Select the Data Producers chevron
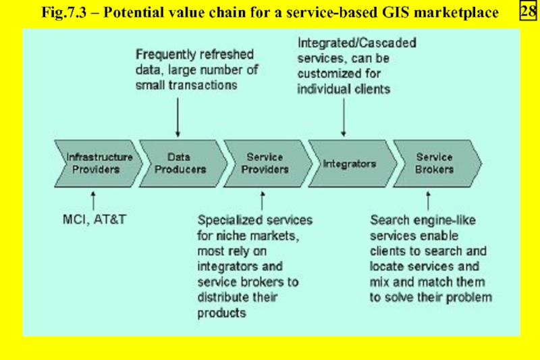pos(183,163)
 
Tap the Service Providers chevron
pos(268,163)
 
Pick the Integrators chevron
pos(352,163)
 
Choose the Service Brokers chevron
pos(437,163)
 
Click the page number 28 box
pos(528,11)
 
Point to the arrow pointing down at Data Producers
pos(178,118)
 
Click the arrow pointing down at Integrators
pos(344,118)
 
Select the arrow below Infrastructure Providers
pos(93,201)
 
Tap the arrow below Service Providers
pos(263,201)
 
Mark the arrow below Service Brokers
pos(428,201)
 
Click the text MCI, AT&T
pos(94,220)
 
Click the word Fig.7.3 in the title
pos(63,13)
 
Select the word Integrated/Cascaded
pos(357,43)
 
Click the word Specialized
pos(225,220)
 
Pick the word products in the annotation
pos(222,313)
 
